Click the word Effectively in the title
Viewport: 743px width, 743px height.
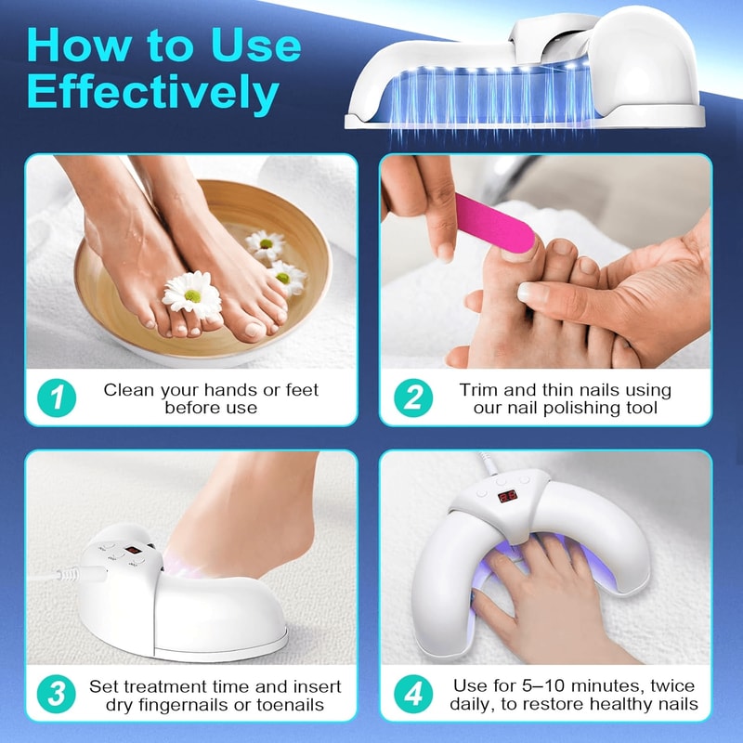tap(153, 92)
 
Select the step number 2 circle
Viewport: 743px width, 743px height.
tap(413, 398)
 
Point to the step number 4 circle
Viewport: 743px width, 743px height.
tap(413, 696)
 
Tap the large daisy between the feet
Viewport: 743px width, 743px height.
tap(192, 294)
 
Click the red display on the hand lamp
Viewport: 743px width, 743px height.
tap(508, 496)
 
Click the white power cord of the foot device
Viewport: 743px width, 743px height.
tap(74, 576)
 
